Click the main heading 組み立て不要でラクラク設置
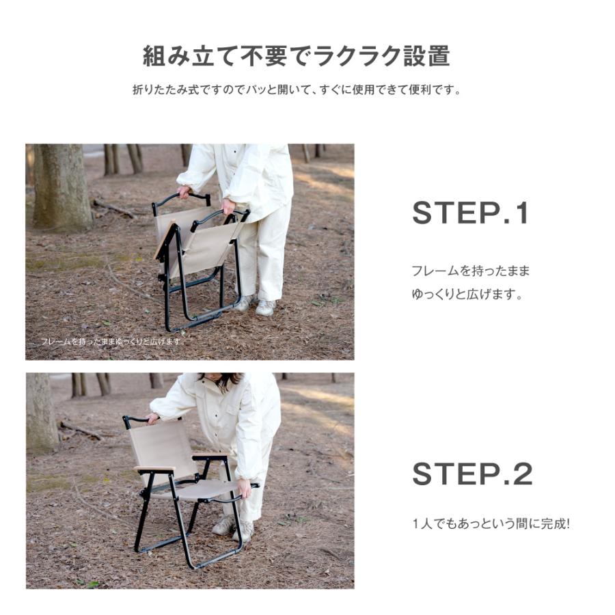tap(296, 56)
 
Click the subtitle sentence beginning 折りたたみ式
tap(296, 90)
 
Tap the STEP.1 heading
tap(470, 214)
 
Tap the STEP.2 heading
tap(471, 474)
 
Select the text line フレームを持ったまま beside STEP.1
tap(470, 271)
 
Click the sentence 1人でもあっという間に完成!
tap(491, 525)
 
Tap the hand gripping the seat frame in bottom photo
tap(243, 488)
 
